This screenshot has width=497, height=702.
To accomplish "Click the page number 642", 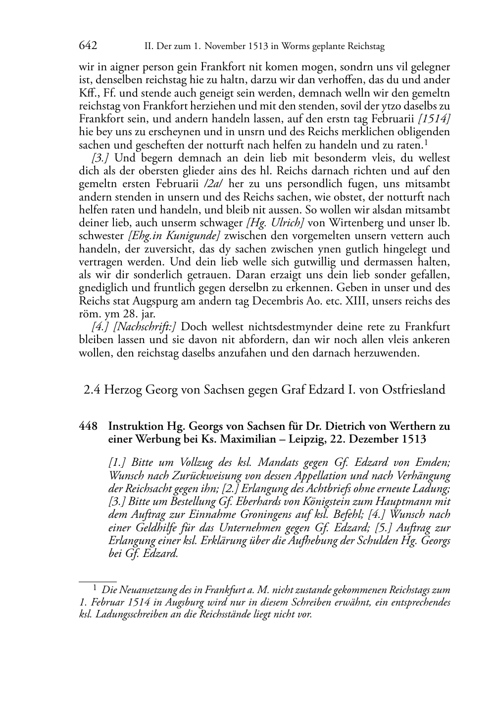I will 88,46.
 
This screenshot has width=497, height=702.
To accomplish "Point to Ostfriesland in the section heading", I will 413,390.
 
